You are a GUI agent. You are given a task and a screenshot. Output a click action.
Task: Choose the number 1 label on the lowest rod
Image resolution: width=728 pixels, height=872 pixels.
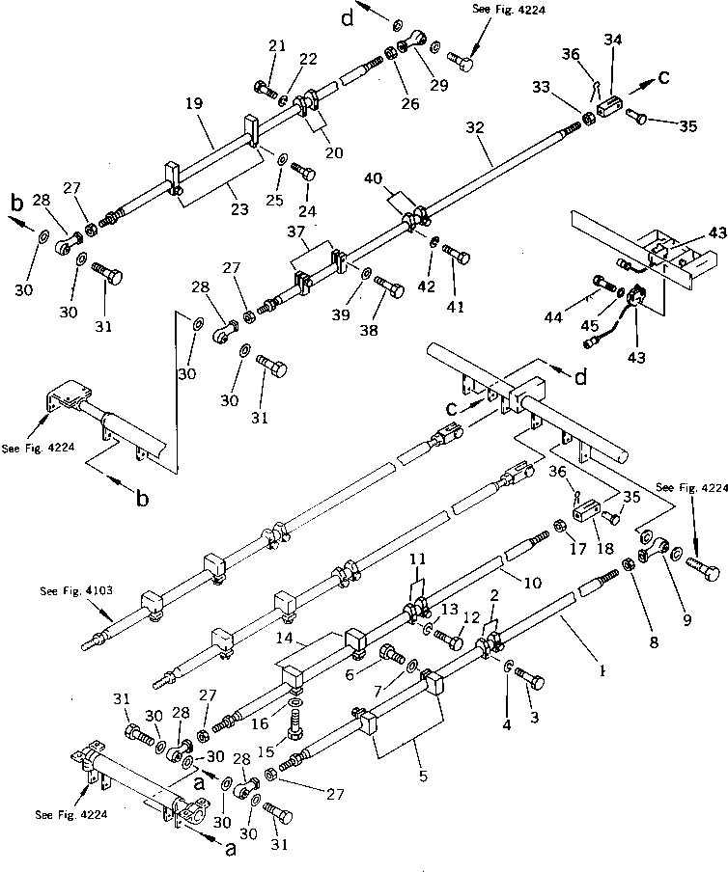point(602,667)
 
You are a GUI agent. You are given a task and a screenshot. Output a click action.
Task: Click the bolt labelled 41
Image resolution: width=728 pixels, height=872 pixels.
point(459,256)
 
